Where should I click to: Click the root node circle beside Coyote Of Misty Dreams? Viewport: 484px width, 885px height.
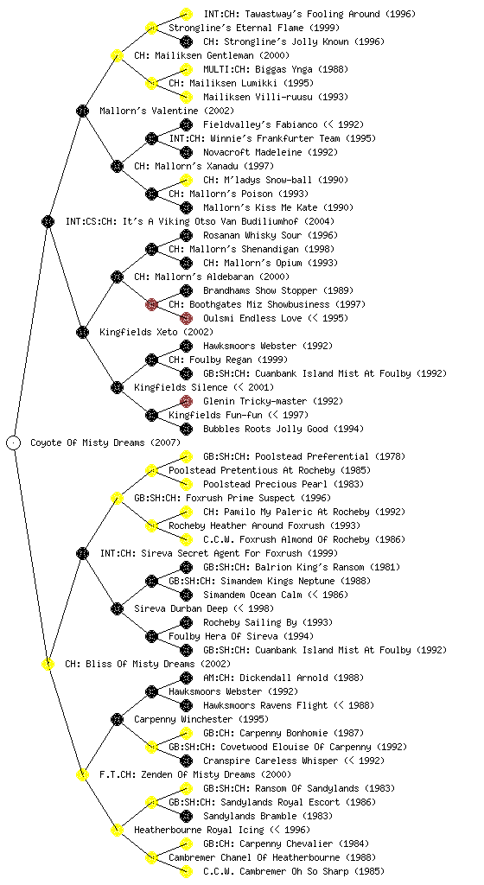click(14, 442)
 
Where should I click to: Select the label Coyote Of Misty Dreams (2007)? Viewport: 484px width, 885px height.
click(105, 442)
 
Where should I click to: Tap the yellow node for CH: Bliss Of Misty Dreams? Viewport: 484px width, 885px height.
click(48, 664)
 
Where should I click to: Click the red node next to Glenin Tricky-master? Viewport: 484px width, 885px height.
click(186, 401)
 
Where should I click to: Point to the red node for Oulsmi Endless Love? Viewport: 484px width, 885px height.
click(186, 318)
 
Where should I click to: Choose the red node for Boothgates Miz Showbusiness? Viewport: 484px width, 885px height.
click(151, 304)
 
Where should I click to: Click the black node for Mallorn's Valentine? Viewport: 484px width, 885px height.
click(82, 111)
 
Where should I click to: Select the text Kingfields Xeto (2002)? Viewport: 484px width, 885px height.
click(156, 332)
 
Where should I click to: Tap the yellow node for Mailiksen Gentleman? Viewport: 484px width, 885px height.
click(117, 55)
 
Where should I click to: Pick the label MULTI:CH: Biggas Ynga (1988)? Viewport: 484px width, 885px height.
click(276, 69)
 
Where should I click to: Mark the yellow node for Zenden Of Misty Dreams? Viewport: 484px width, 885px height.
click(82, 774)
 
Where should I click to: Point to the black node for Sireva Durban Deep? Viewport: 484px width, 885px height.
click(117, 608)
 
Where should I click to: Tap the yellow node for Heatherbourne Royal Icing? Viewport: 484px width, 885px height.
click(117, 830)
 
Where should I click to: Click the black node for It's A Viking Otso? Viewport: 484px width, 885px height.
click(48, 221)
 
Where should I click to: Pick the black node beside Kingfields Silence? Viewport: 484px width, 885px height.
click(117, 387)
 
